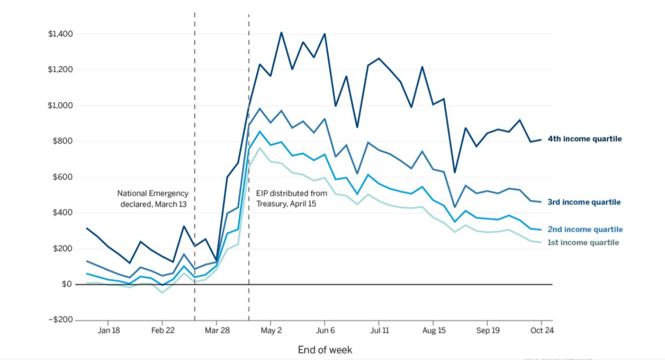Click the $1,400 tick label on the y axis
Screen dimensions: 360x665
pyautogui.click(x=61, y=34)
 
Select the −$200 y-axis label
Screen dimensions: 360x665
pyautogui.click(x=60, y=320)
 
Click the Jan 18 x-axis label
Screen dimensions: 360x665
pyautogui.click(x=109, y=331)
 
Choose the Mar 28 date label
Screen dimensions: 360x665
pyautogui.click(x=217, y=331)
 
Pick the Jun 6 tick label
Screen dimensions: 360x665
pyautogui.click(x=325, y=331)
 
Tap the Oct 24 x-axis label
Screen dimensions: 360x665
pyautogui.click(x=542, y=331)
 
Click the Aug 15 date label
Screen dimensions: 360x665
pyautogui.click(x=434, y=331)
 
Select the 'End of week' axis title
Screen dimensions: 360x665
pyautogui.click(x=325, y=350)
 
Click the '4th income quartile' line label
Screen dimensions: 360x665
pyautogui.click(x=584, y=139)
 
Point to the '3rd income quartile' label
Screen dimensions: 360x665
pyautogui.click(x=584, y=202)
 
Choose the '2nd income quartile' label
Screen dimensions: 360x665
pyautogui.click(x=584, y=229)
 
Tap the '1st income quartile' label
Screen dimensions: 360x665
pyautogui.click(x=583, y=242)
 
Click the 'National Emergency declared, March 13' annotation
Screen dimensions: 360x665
pyautogui.click(x=153, y=199)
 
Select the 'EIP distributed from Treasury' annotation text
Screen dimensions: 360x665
pyautogui.click(x=291, y=199)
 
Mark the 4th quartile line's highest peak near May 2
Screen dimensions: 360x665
pyautogui.click(x=281, y=32)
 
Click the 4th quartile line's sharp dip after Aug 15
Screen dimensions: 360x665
pyautogui.click(x=454, y=172)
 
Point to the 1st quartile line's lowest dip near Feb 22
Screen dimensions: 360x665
pyautogui.click(x=163, y=293)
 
